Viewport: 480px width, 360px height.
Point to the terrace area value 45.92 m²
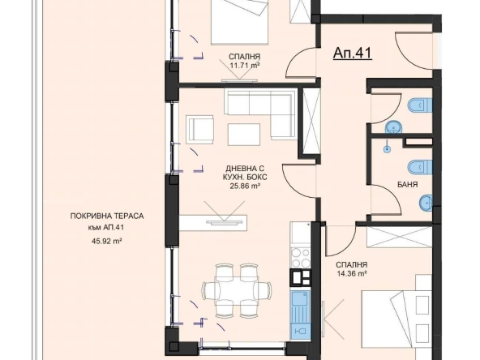[105, 241]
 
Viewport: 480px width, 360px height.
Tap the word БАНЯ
[408, 185]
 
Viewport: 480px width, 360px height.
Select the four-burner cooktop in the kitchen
[296, 256]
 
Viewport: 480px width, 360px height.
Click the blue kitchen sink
[297, 307]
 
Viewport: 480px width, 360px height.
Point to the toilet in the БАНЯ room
[416, 165]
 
